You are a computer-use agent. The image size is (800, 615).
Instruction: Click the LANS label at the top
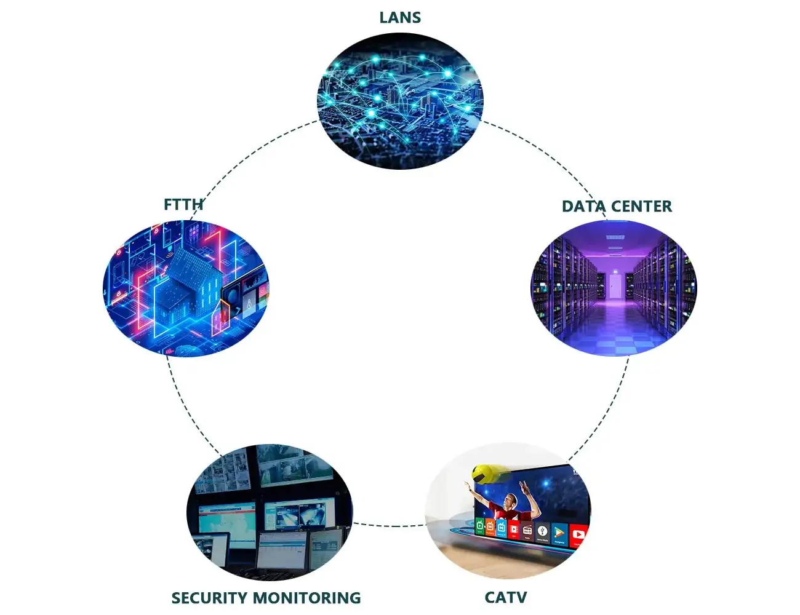point(400,18)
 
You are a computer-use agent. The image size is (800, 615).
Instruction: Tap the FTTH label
point(183,205)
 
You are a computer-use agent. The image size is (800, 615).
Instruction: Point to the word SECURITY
point(210,598)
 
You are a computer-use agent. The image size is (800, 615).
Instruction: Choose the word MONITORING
point(308,598)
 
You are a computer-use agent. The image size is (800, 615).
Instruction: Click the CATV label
point(506,597)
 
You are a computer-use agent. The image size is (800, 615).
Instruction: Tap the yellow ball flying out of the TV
point(484,473)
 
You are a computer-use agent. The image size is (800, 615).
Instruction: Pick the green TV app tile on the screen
point(480,526)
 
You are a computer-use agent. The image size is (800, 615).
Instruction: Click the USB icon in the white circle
point(542,531)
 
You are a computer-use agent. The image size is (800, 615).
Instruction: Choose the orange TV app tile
point(490,527)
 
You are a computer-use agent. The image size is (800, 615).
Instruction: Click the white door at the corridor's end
point(614,285)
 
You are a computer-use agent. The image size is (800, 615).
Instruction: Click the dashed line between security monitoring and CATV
point(390,525)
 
